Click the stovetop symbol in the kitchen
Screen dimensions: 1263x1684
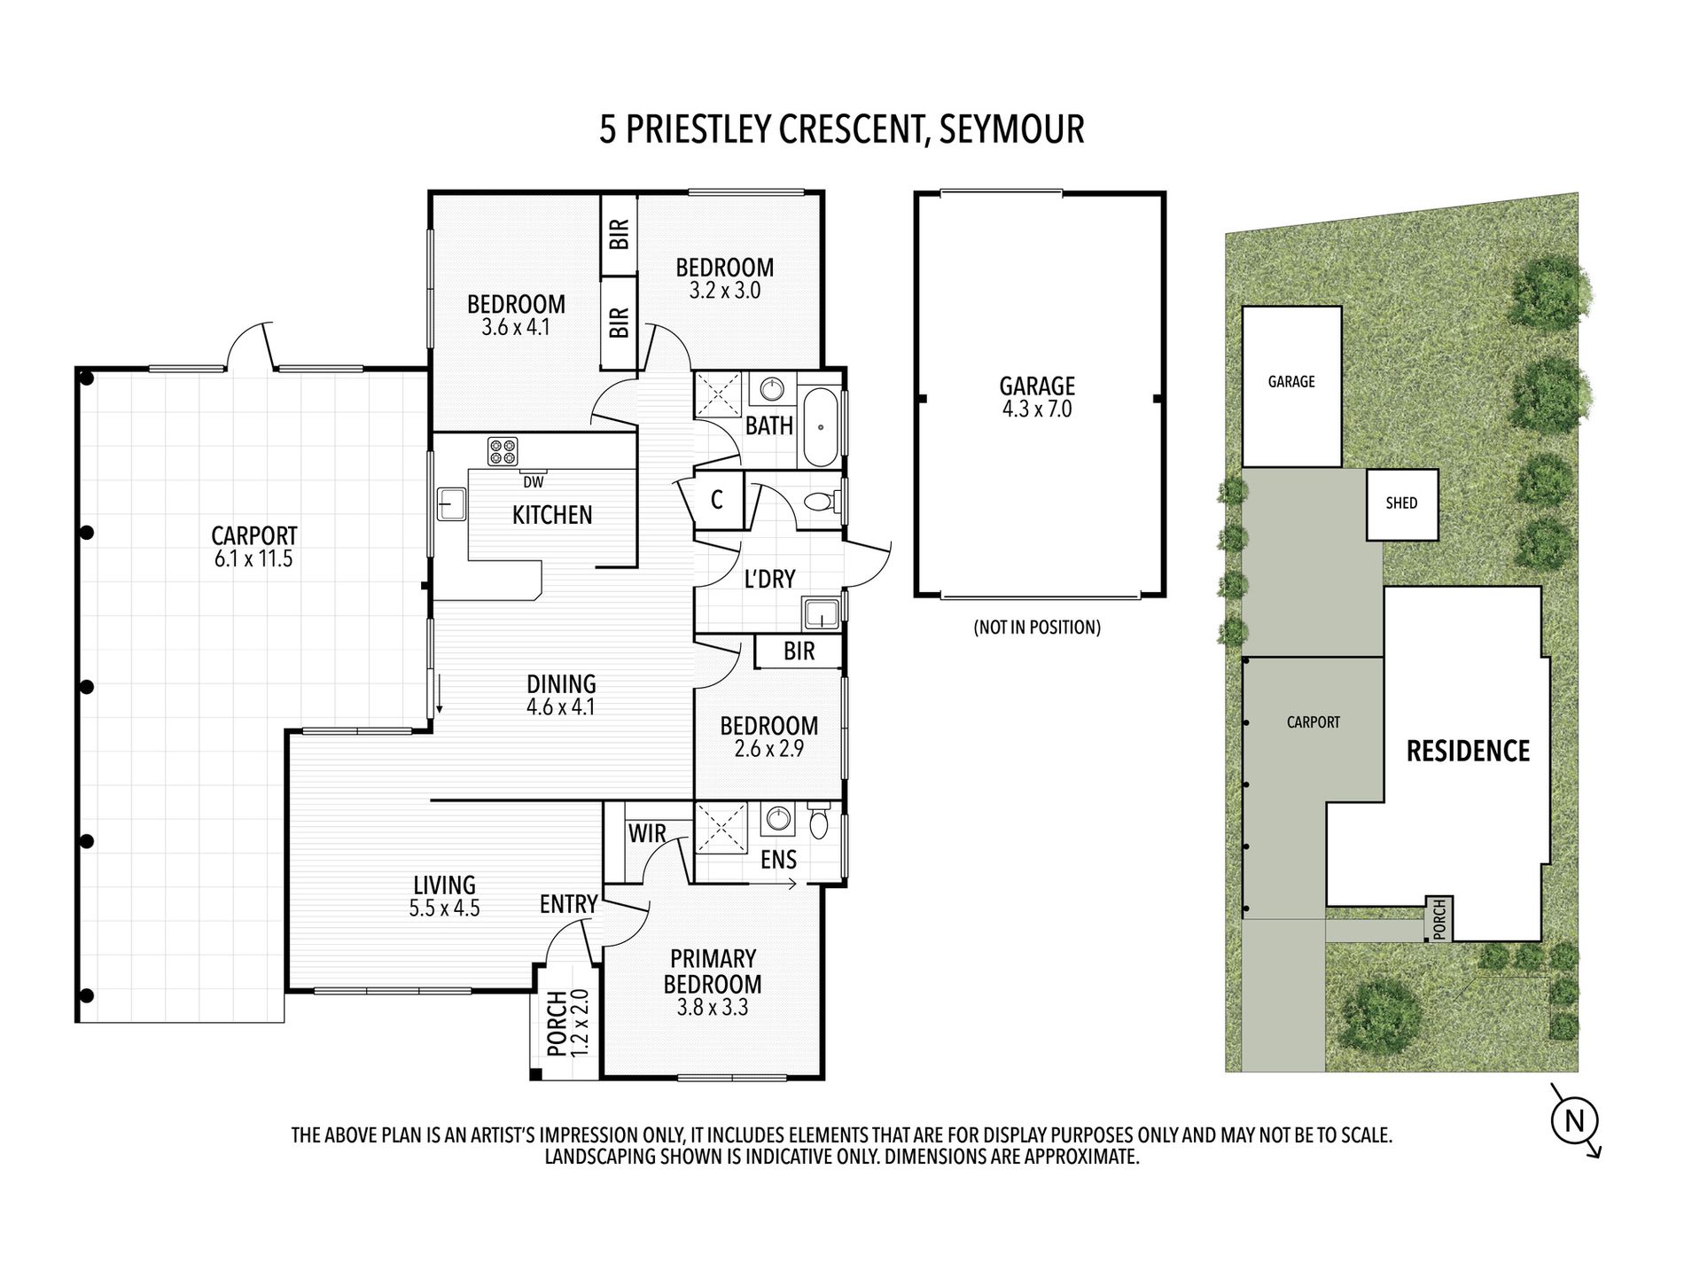tap(503, 451)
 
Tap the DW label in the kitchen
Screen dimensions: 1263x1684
tap(533, 482)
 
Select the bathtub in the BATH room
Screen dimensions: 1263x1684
tap(821, 427)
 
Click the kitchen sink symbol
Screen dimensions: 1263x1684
tap(451, 503)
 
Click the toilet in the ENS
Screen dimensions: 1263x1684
tap(819, 822)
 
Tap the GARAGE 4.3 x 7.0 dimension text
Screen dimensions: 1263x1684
tap(1037, 409)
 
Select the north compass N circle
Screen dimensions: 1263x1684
tap(1574, 1121)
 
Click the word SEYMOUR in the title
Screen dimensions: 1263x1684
tap(1011, 129)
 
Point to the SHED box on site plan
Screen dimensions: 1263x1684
tap(1401, 503)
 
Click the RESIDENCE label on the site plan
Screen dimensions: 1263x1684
tap(1468, 752)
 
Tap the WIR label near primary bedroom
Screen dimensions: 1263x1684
tap(647, 833)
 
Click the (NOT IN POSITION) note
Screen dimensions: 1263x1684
tap(1037, 628)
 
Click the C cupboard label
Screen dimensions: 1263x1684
tap(717, 500)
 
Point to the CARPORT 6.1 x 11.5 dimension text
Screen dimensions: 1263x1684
tap(253, 559)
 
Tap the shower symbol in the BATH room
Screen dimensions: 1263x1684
tap(718, 394)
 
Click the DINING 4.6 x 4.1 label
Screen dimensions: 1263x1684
tap(561, 695)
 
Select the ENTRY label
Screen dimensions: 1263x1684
tap(568, 904)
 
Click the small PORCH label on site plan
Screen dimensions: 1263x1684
tap(1438, 918)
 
